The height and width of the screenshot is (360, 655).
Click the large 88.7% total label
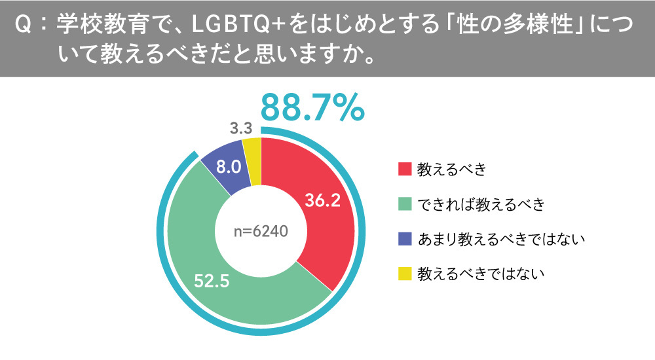[312, 107]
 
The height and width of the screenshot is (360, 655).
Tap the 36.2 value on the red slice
[323, 200]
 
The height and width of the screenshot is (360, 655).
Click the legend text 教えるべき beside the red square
[452, 170]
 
